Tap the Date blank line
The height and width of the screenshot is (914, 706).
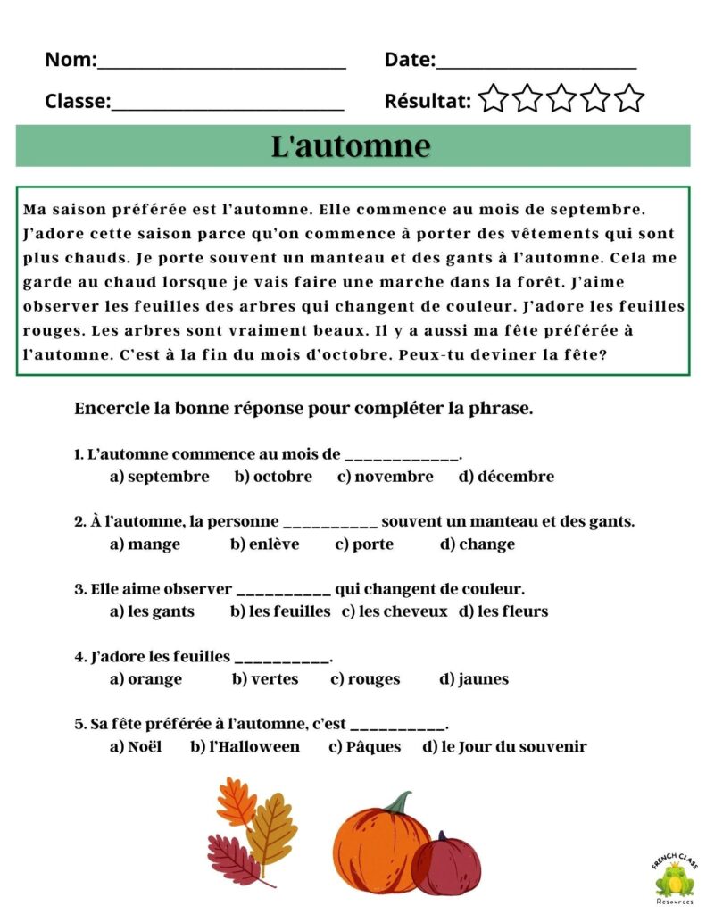[x=536, y=65]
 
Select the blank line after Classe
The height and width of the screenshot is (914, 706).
[x=228, y=106]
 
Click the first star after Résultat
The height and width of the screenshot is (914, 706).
[x=493, y=98]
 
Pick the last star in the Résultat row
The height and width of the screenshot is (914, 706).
[x=629, y=98]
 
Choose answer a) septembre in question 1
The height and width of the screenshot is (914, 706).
[x=160, y=477]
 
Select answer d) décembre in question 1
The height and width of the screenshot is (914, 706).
[x=506, y=477]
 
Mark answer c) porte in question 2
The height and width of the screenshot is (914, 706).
[x=363, y=544]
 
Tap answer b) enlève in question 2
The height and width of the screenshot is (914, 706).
[x=264, y=544]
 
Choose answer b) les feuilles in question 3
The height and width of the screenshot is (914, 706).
[x=280, y=611]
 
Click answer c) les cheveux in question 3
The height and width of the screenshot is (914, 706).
[x=394, y=611]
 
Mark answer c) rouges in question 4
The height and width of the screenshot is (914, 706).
[x=365, y=679]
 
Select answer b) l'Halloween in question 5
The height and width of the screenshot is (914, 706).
[x=245, y=746]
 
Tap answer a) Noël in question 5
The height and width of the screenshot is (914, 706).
[x=136, y=746]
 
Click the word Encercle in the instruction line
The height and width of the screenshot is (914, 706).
[x=112, y=410]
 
